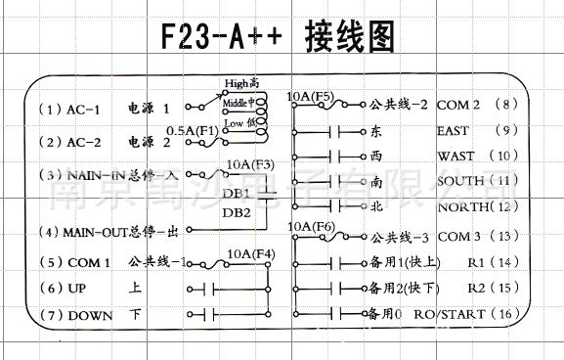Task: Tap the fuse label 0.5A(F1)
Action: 192,130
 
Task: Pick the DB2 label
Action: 236,211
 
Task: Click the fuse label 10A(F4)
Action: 250,254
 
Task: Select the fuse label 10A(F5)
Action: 311,97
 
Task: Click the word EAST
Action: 454,130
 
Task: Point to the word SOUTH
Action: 460,181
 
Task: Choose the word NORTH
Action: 461,206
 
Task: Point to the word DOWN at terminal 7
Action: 91,315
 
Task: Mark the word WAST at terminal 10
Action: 456,156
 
